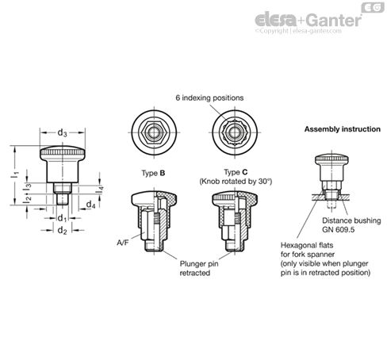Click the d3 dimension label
(62, 132)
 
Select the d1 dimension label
(62, 218)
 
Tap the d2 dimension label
(62, 230)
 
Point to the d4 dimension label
(90, 205)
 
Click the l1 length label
(16, 174)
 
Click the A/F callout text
(123, 243)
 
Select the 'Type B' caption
(153, 173)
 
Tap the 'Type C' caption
(236, 172)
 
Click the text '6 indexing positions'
(209, 98)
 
